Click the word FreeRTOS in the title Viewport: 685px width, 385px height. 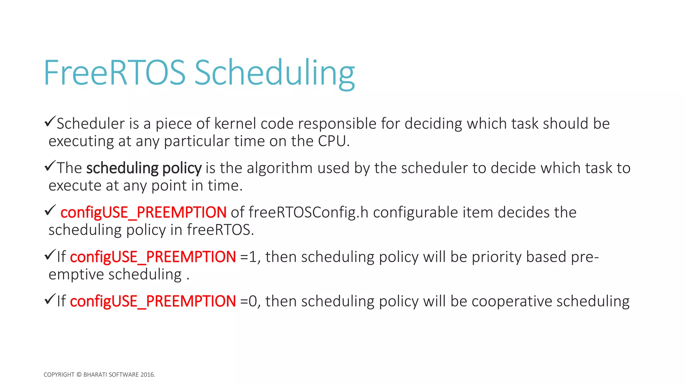pyautogui.click(x=114, y=73)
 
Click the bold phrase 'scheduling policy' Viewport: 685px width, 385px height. pyautogui.click(x=144, y=168)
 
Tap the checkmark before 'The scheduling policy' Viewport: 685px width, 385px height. pyautogui.click(x=50, y=166)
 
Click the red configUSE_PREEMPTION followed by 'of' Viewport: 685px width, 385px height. pyautogui.click(x=143, y=213)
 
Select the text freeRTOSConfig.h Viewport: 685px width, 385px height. pyautogui.click(x=308, y=213)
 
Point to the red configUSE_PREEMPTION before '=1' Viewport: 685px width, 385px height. pyautogui.click(x=153, y=257)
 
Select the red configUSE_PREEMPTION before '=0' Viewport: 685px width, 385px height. pyautogui.click(x=153, y=301)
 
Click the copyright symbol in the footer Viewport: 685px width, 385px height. pyautogui.click(x=79, y=375)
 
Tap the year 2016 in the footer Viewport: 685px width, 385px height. pyautogui.click(x=147, y=375)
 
